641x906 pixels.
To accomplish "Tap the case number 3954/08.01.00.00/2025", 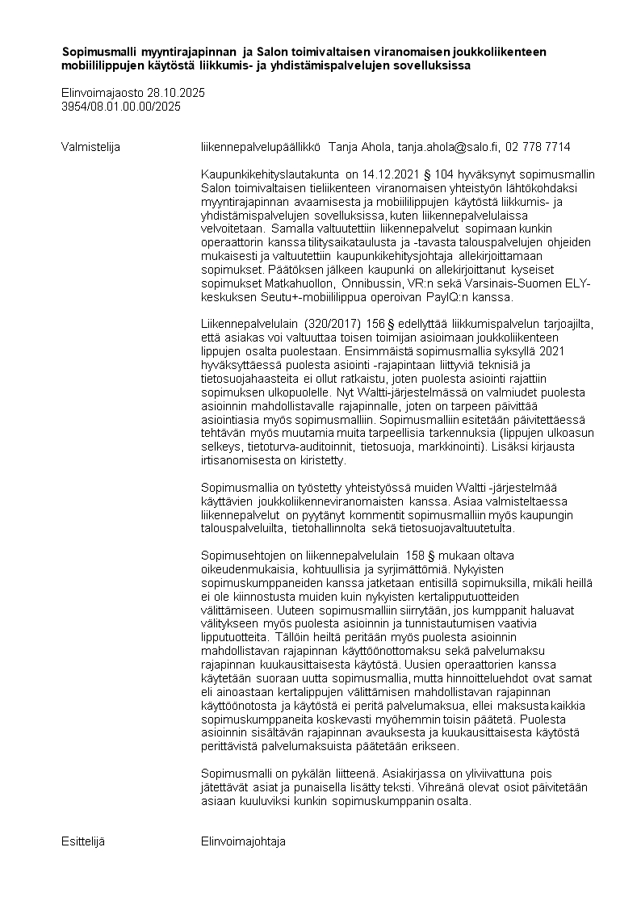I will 121,106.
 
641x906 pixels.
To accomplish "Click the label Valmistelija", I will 90,147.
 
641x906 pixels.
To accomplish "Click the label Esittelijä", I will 83,841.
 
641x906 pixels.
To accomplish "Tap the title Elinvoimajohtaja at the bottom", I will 244,841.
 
